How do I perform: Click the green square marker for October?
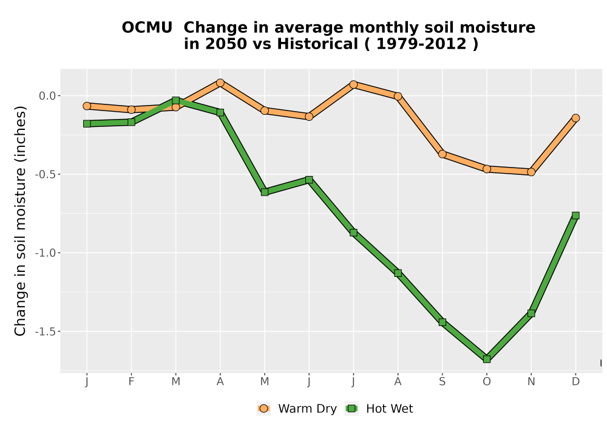[487, 359]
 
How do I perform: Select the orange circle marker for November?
[531, 172]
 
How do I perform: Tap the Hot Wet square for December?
[575, 216]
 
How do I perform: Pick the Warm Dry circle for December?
[575, 118]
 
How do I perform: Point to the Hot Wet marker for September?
[443, 322]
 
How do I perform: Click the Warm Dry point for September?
[443, 154]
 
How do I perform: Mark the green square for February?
[131, 122]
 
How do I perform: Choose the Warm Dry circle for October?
[487, 169]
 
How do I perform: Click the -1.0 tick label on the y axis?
[46, 253]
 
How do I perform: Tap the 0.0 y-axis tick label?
[47, 96]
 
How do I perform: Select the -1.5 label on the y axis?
[46, 331]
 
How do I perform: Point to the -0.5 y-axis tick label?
[46, 175]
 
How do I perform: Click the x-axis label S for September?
[443, 382]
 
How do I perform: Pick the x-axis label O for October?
[487, 382]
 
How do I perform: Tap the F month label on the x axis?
[131, 382]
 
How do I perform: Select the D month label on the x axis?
[575, 382]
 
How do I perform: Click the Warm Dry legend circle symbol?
[263, 409]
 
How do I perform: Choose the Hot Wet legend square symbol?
[351, 409]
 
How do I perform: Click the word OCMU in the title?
[147, 28]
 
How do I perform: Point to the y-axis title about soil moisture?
[20, 221]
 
